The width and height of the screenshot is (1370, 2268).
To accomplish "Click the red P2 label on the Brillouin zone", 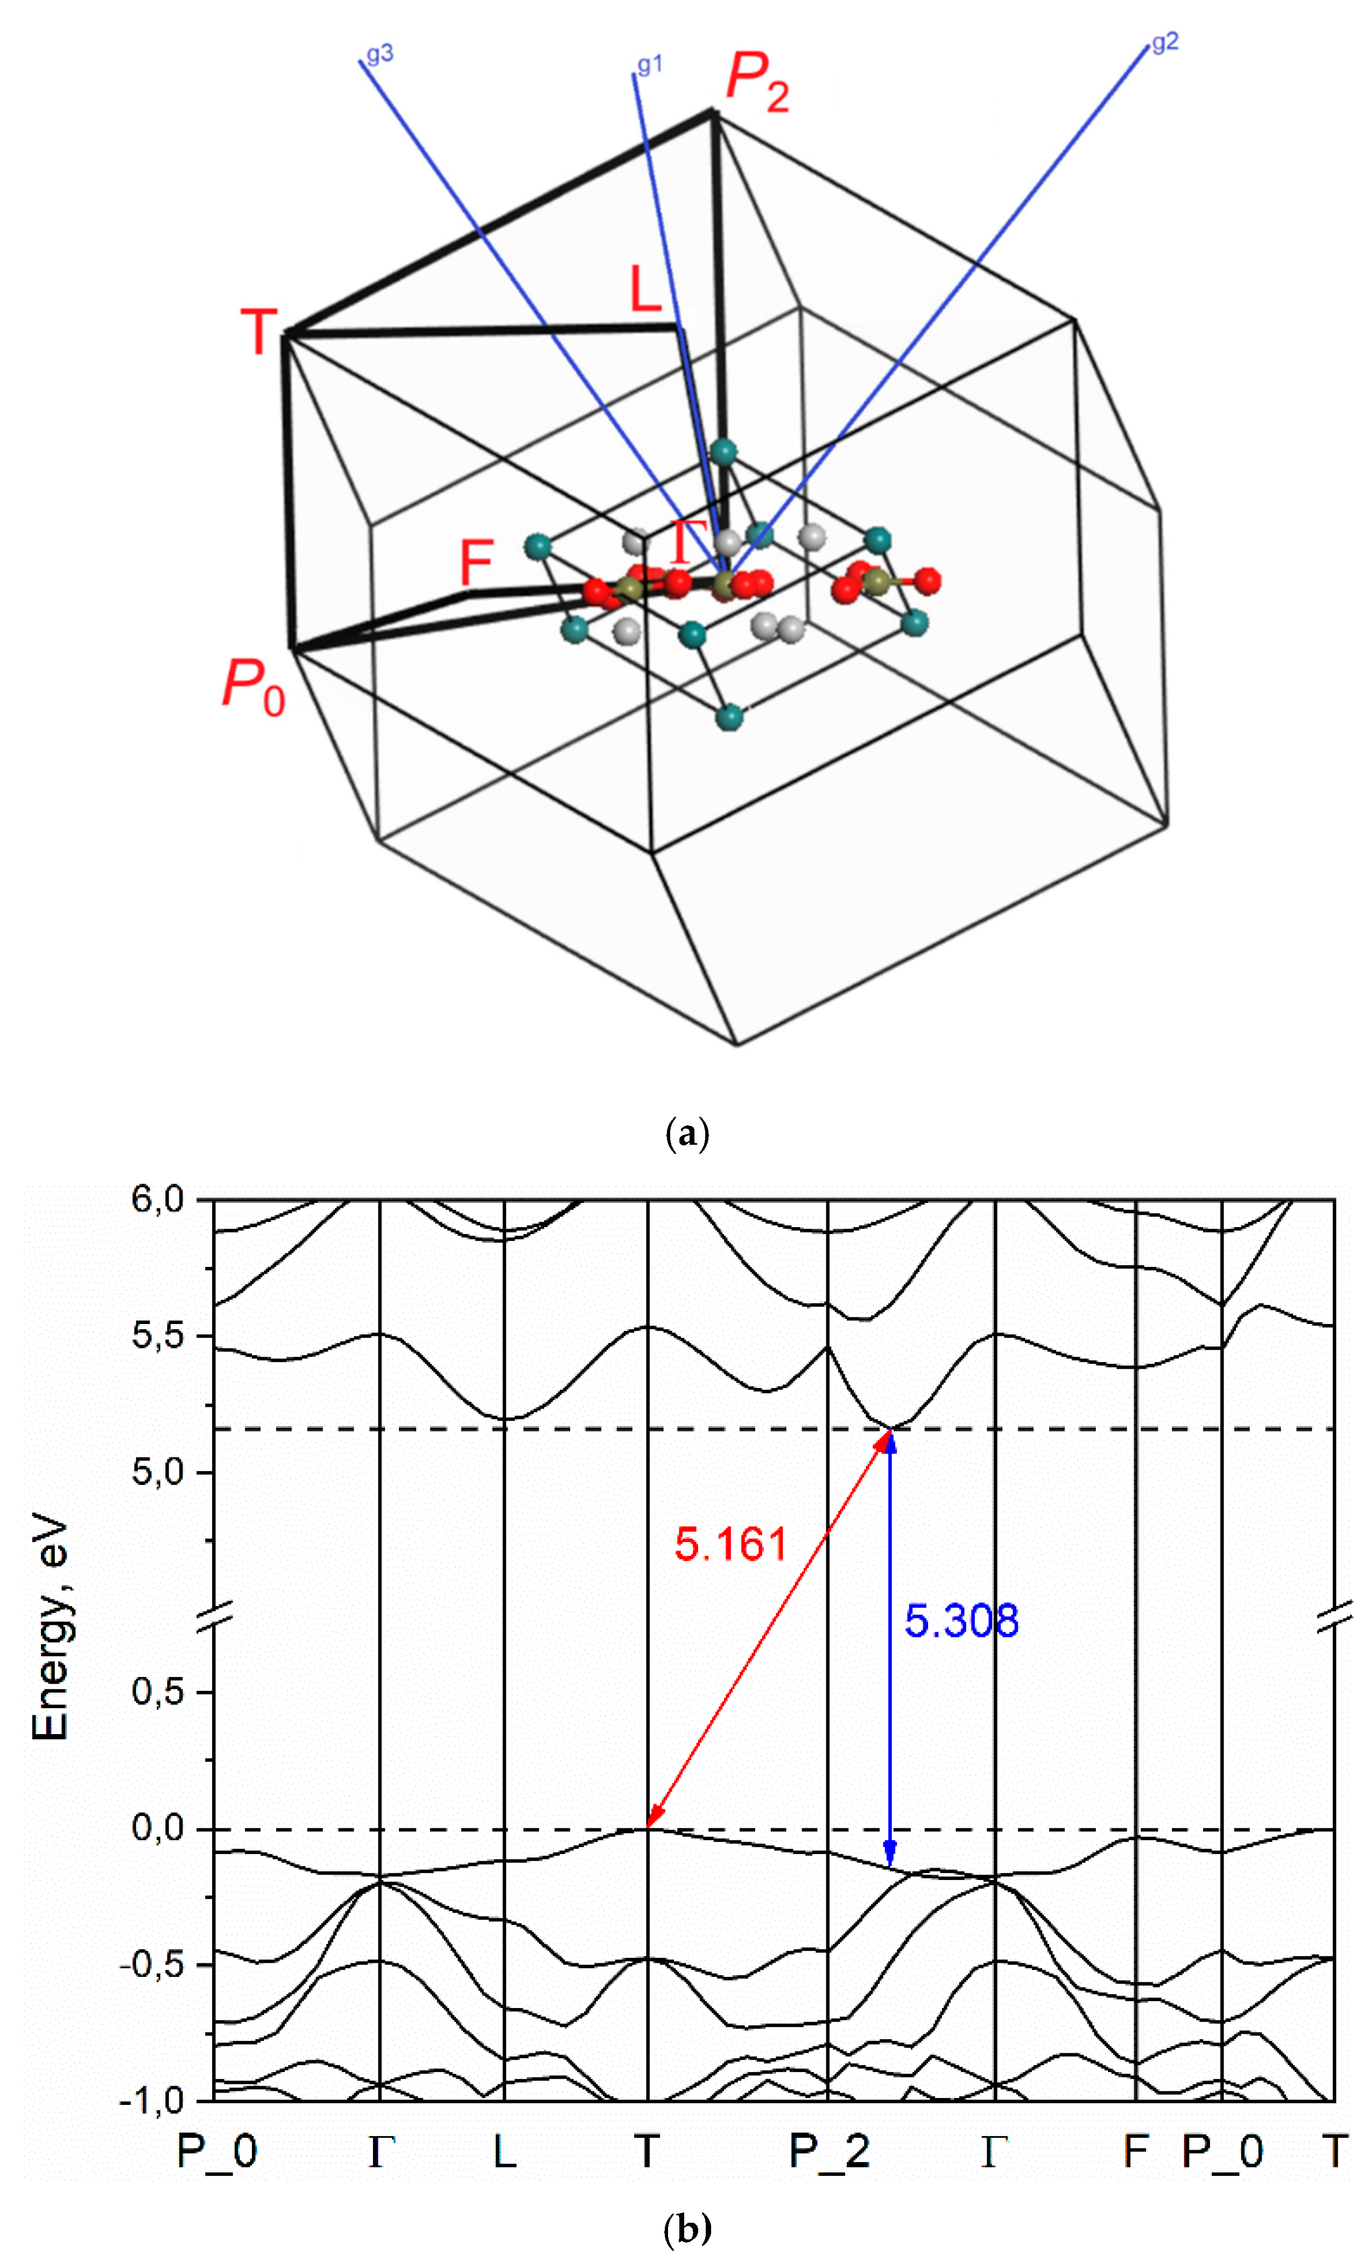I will [757, 83].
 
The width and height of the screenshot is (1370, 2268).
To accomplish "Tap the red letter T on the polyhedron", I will [259, 332].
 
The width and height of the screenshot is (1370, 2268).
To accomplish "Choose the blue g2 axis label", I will [1165, 43].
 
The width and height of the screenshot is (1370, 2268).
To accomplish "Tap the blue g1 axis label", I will [650, 65].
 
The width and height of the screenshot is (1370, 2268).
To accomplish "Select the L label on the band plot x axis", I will [504, 2152].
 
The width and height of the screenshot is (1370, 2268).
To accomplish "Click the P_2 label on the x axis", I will [828, 2152].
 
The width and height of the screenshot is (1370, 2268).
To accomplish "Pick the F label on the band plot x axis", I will [1135, 2152].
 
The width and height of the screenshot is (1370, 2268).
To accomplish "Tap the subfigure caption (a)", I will [686, 1133].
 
